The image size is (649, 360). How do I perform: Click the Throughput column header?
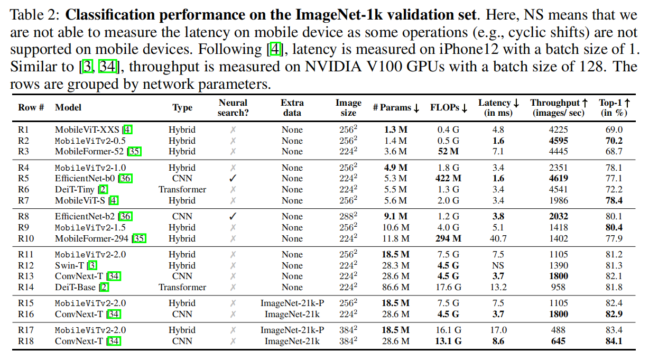(559, 107)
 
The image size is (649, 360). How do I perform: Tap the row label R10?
(27, 238)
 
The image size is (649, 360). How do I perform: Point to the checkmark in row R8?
(233, 216)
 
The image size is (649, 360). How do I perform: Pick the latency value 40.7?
(498, 238)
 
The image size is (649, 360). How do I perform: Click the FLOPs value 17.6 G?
(448, 287)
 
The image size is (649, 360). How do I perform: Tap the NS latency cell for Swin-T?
(498, 265)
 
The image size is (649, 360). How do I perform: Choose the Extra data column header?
(292, 107)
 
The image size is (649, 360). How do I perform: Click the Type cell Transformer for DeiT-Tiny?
(182, 189)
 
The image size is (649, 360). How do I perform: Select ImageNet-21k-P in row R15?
(292, 303)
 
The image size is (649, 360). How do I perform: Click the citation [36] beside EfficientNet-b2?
(125, 216)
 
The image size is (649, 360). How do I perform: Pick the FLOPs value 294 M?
(448, 238)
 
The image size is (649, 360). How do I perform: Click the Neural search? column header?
(233, 107)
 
